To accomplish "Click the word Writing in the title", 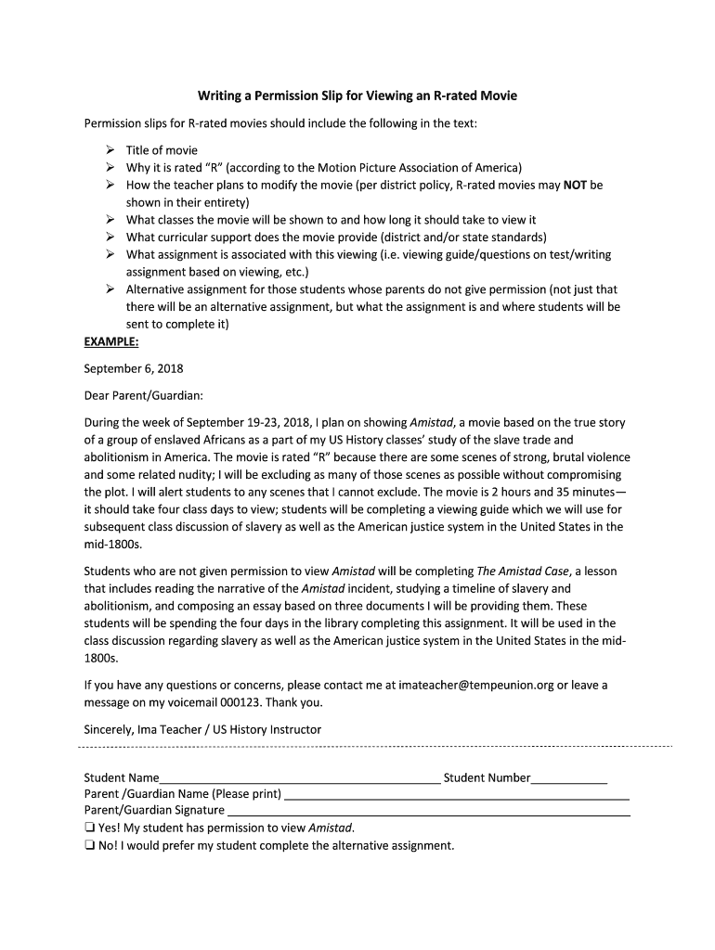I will tap(219, 96).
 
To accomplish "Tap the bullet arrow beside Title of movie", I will tap(108, 150).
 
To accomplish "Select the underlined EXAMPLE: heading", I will tap(111, 341).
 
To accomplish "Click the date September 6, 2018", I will tap(134, 368).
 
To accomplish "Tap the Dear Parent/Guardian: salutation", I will tap(143, 395).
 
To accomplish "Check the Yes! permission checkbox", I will tap(89, 828).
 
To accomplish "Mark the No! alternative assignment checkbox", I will tap(89, 845).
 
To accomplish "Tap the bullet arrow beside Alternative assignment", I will tap(108, 289).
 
